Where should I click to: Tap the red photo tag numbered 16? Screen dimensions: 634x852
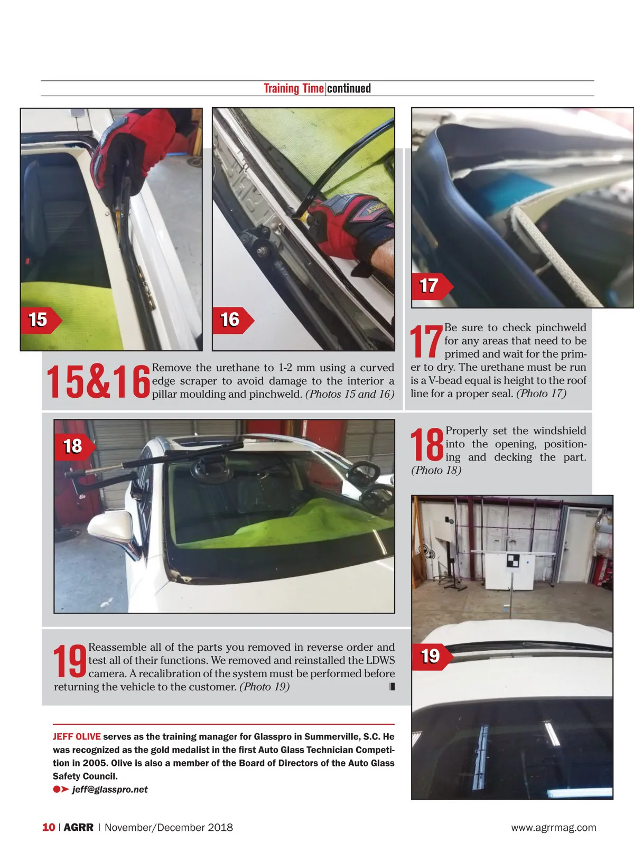click(233, 320)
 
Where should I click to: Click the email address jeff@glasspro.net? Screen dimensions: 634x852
click(110, 789)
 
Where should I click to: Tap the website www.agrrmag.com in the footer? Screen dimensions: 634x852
click(553, 827)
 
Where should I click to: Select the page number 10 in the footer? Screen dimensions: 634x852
click(49, 827)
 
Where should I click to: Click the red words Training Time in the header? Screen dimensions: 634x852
click(294, 88)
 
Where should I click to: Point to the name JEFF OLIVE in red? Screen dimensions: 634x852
click(77, 736)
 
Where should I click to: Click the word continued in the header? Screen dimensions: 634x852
click(349, 88)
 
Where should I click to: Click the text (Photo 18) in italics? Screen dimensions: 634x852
click(436, 470)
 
